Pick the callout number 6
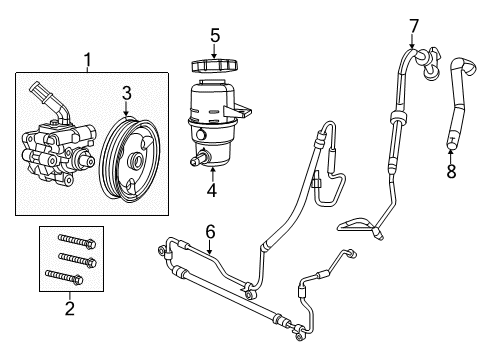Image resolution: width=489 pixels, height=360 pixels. coord(209,231)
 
